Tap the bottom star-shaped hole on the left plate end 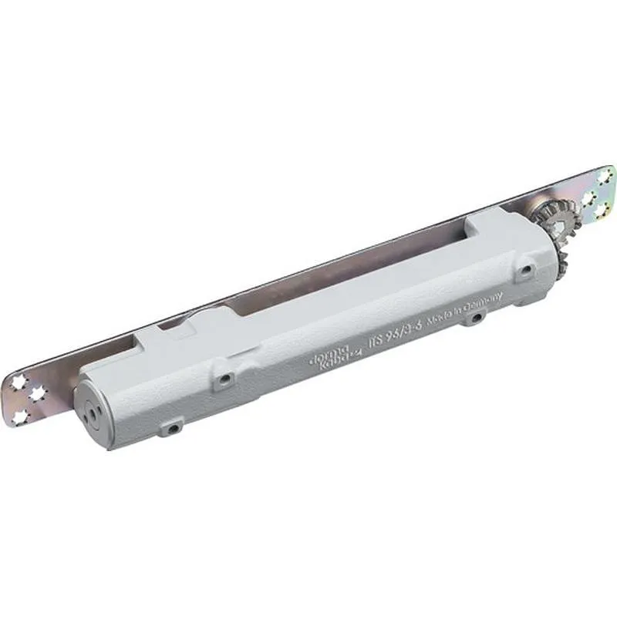click(19, 416)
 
